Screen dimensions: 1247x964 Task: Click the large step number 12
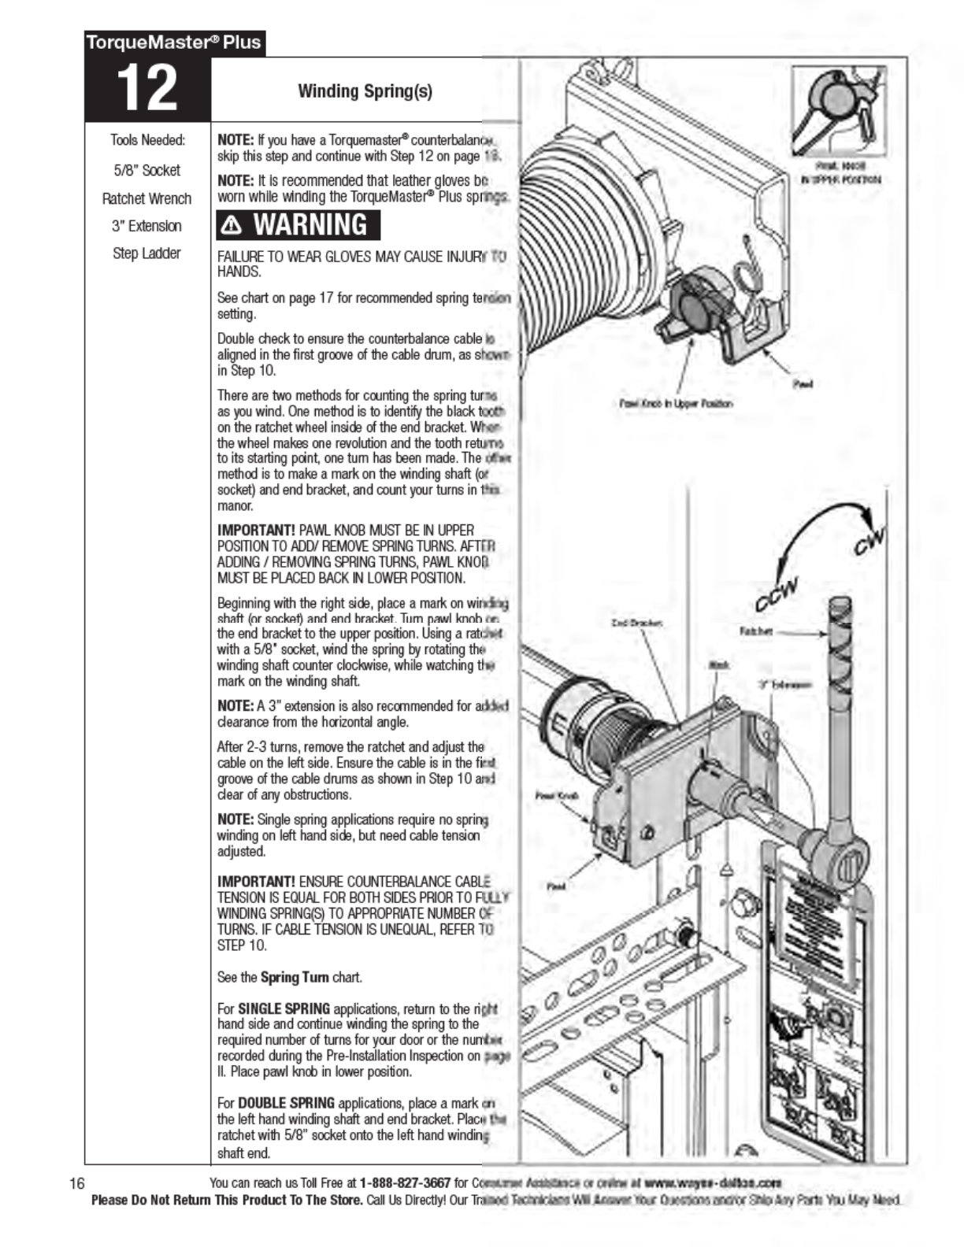tap(147, 88)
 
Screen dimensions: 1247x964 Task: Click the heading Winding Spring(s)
tap(365, 91)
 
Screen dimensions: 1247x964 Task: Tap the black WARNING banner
tap(298, 225)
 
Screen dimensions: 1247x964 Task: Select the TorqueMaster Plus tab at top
tap(174, 43)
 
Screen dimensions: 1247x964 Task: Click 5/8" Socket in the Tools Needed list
tap(146, 170)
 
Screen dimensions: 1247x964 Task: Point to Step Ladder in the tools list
tap(146, 253)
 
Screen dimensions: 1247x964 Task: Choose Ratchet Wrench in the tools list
tap(146, 198)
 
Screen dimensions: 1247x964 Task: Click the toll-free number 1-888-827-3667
tap(405, 1183)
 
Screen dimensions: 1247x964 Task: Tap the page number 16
tap(77, 1183)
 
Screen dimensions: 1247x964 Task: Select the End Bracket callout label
tap(636, 623)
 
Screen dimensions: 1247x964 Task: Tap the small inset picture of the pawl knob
tap(840, 113)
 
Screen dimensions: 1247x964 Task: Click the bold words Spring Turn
tap(295, 978)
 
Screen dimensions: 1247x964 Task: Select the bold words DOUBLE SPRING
tap(286, 1103)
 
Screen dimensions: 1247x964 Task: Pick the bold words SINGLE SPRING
tap(284, 1008)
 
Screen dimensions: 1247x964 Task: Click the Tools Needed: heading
tap(147, 140)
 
